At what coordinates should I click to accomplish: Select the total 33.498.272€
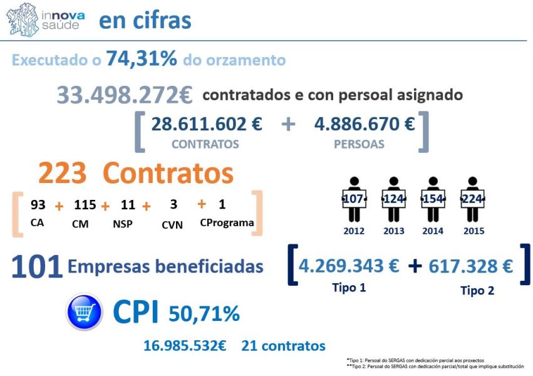point(125,95)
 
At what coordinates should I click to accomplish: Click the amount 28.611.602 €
point(207,124)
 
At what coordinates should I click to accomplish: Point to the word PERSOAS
point(359,144)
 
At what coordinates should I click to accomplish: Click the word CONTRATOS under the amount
point(205,144)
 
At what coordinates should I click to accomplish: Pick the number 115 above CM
point(85,205)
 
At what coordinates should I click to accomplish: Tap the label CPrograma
point(227,222)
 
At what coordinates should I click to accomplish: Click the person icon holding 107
point(354,199)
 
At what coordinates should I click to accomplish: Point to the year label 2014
point(433,231)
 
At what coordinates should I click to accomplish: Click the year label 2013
point(393,231)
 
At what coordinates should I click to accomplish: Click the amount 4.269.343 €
point(349,266)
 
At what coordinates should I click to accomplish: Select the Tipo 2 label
point(477,290)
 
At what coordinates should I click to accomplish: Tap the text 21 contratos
point(283,346)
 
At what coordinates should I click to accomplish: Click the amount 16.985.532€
point(185,346)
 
